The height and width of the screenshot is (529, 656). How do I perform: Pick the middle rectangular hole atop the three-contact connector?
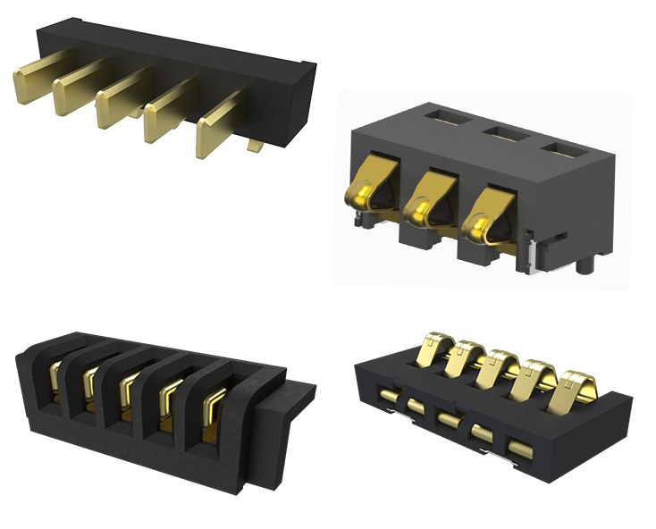point(503,133)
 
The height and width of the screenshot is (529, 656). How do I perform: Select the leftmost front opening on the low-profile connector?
point(388,394)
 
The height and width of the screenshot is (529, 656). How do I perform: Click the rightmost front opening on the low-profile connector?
point(517,444)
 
